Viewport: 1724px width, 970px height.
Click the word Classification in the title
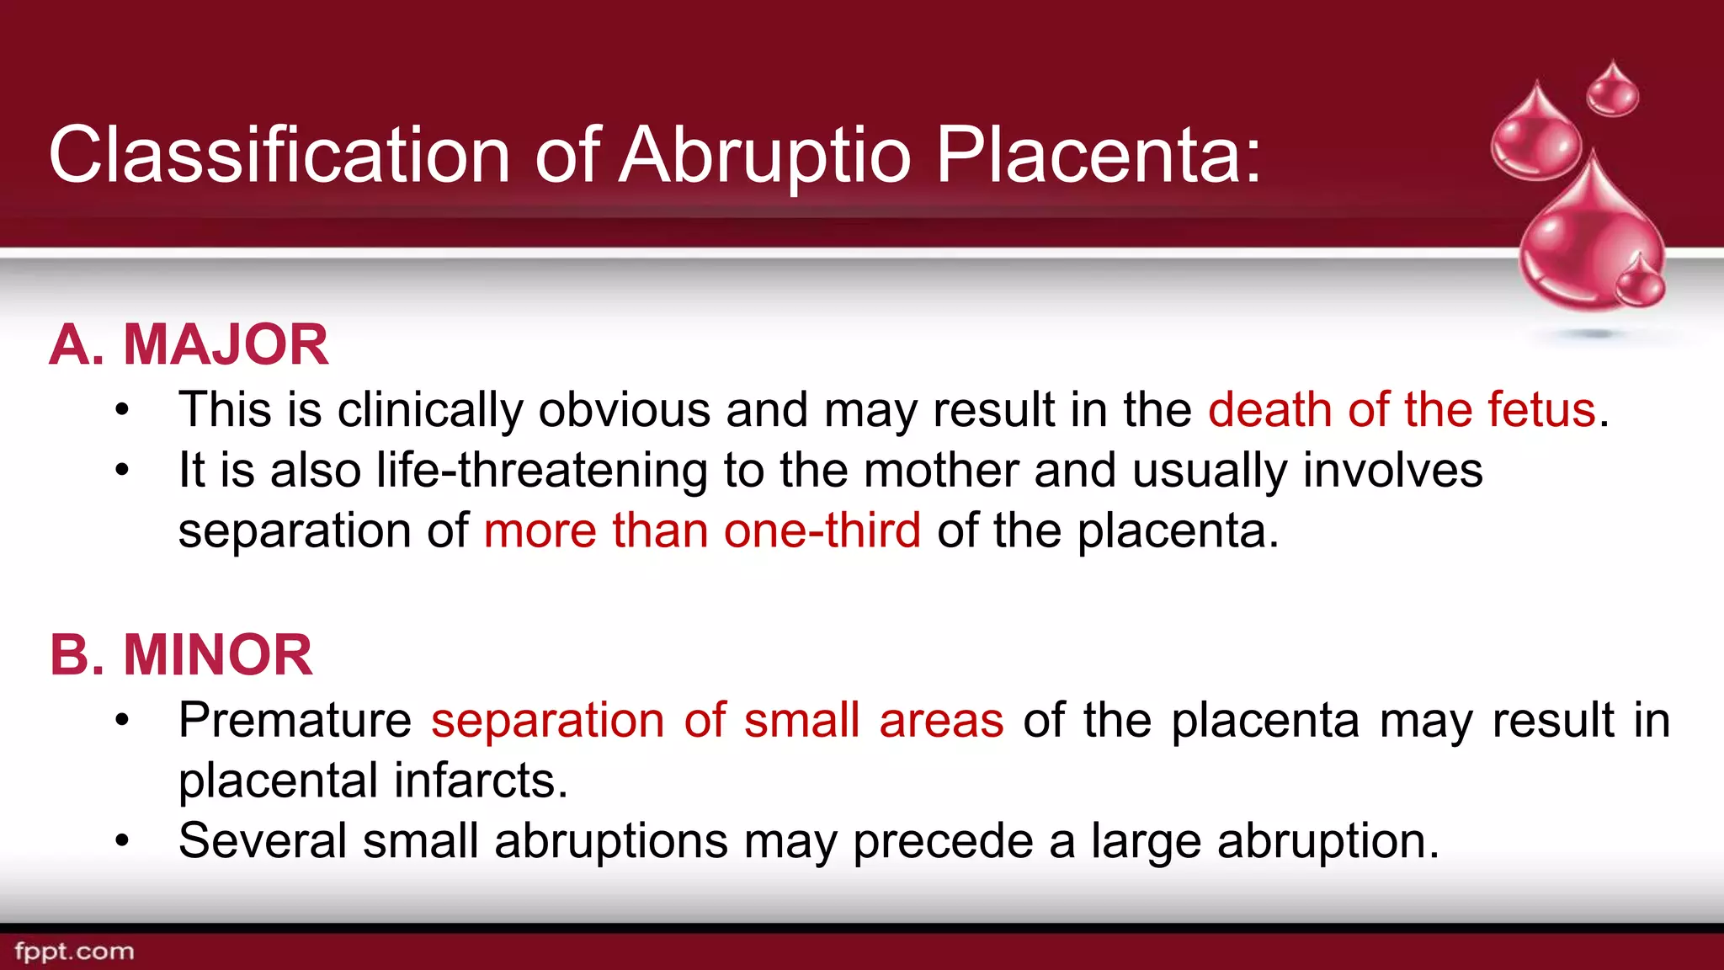pos(279,155)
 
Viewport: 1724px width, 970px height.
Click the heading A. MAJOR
pos(189,344)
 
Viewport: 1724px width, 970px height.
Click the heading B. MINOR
pos(181,654)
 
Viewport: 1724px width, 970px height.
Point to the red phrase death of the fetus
pos(1402,410)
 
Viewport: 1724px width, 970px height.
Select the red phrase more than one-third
pos(702,530)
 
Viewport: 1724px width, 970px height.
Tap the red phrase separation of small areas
pos(717,721)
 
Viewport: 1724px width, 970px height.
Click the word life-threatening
pos(541,470)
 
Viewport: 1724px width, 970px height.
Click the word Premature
pos(295,721)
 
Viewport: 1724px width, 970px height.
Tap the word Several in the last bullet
pos(263,840)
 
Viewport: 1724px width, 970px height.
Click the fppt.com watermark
pos(74,951)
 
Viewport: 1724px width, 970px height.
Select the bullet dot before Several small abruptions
pos(123,840)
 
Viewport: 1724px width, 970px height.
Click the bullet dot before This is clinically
pos(123,411)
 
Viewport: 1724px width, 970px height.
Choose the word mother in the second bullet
pos(941,470)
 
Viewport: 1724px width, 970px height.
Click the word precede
pos(942,840)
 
